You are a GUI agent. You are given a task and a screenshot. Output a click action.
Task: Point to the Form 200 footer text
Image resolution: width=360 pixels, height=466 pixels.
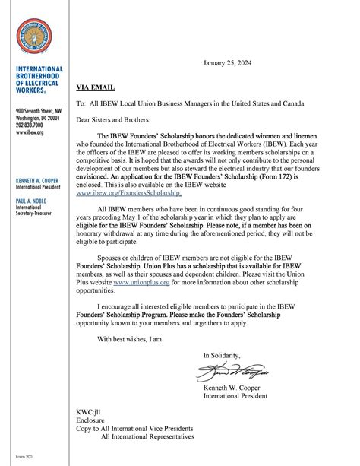[x=24, y=457]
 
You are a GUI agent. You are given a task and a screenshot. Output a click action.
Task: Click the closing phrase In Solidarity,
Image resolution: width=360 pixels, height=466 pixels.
[x=221, y=355]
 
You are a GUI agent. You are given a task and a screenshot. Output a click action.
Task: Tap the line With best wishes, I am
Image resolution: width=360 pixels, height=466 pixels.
[x=130, y=338]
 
